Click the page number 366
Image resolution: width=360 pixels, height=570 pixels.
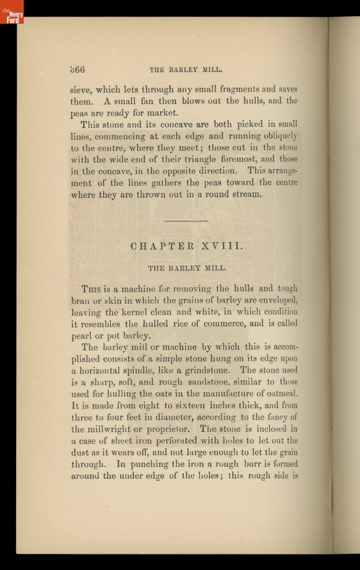pyautogui.click(x=77, y=69)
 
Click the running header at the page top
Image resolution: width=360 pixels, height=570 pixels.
pyautogui.click(x=186, y=69)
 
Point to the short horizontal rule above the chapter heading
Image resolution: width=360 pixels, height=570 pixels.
pyautogui.click(x=186, y=221)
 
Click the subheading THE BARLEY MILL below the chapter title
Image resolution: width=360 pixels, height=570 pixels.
pyautogui.click(x=187, y=268)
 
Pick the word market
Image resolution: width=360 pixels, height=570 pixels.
pyautogui.click(x=161, y=113)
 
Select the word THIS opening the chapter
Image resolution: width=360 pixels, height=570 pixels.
pyautogui.click(x=91, y=289)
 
